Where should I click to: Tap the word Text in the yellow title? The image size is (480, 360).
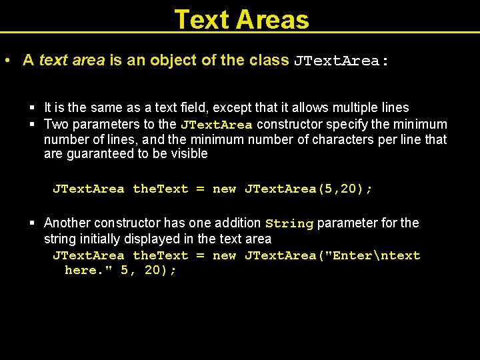point(200,19)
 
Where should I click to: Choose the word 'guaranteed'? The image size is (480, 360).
point(97,154)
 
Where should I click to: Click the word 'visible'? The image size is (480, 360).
point(189,154)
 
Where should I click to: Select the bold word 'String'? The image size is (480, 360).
point(289,223)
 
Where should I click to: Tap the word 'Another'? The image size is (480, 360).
point(67,223)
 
